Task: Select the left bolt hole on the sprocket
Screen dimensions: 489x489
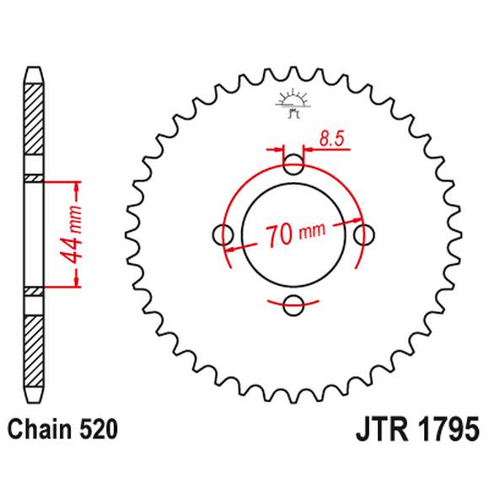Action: [222, 234]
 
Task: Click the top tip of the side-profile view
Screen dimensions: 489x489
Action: [31, 71]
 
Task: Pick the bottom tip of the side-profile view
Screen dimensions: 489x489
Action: [31, 396]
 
